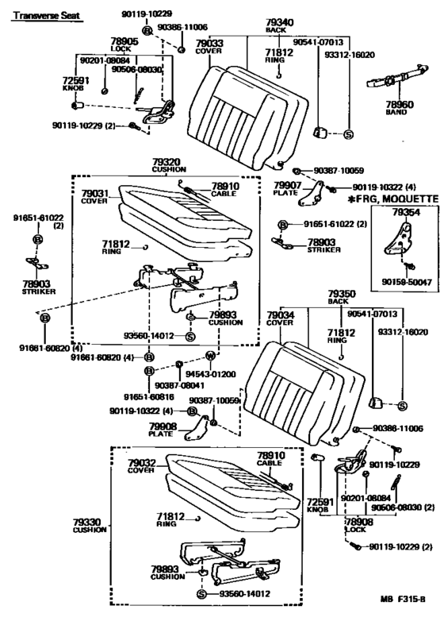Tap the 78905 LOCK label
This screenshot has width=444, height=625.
tap(102, 45)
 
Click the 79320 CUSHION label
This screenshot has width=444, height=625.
tap(168, 164)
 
